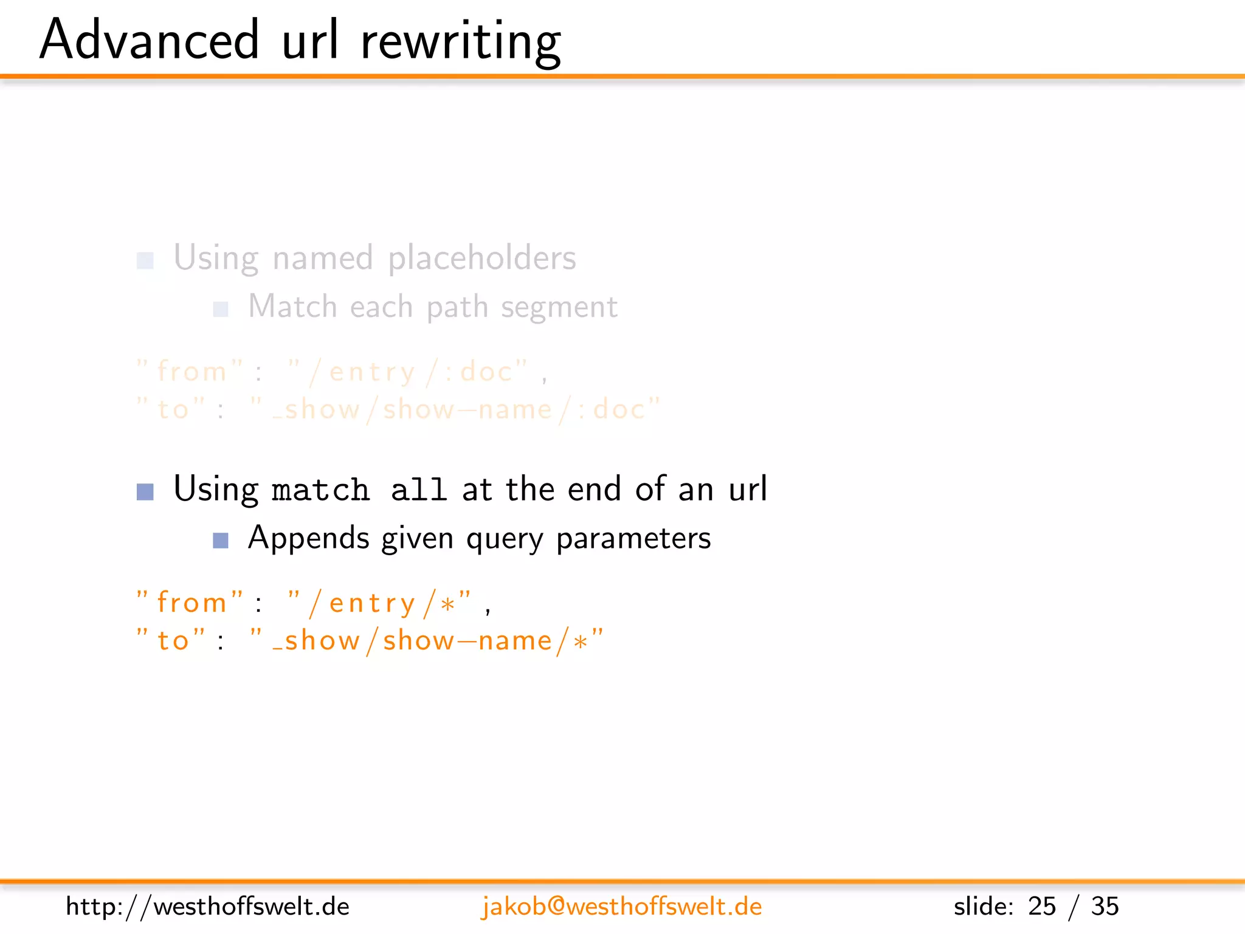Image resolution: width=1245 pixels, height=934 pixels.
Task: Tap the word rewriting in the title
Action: pos(460,41)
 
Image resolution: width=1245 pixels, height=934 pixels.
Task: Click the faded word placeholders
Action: pos(481,258)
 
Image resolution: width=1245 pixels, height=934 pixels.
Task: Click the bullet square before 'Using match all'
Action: pos(145,491)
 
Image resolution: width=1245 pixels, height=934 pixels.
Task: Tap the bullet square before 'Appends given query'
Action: pos(221,540)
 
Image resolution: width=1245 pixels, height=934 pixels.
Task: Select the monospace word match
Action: pos(320,490)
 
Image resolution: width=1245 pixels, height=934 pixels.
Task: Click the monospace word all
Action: pos(418,490)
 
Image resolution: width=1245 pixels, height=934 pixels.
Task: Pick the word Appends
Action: pos(308,538)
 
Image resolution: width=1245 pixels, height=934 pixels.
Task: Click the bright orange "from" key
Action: pos(191,603)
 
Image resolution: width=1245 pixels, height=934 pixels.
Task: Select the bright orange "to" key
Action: pos(173,641)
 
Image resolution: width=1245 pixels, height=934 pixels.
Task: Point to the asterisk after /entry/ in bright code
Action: pos(448,605)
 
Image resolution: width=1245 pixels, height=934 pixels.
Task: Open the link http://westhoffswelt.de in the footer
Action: pos(207,907)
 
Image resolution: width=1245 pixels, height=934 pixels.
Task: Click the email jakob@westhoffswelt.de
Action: pos(621,907)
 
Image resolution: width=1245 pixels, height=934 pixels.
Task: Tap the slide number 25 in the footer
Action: pos(1041,907)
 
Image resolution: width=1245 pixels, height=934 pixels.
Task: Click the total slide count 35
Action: pos(1105,907)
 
